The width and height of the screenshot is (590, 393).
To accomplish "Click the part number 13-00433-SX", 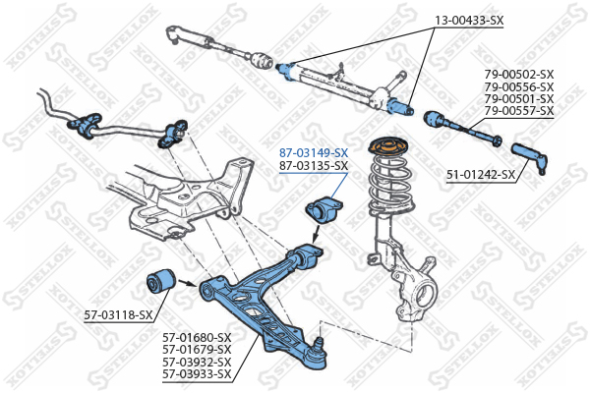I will (x=469, y=21).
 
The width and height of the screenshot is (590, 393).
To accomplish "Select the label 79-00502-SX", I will (x=519, y=74).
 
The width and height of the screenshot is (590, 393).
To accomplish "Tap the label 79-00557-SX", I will (x=519, y=111).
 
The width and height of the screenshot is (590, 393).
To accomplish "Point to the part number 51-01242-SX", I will (x=481, y=175).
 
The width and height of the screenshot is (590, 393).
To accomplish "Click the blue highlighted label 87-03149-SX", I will (x=314, y=153).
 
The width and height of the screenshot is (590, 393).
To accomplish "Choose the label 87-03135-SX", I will (x=314, y=166).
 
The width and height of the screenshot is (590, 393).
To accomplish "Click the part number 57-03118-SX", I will (x=119, y=314).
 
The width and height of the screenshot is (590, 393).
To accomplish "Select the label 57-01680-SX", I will (x=197, y=336).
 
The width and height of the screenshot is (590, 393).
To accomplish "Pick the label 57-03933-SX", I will (x=197, y=373).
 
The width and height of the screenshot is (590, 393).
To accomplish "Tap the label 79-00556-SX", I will (x=519, y=86).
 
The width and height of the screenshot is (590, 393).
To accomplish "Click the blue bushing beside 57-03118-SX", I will (x=159, y=281).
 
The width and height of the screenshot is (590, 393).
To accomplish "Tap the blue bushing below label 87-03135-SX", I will (x=323, y=211).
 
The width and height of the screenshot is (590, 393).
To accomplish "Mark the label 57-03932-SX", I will (x=197, y=361).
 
